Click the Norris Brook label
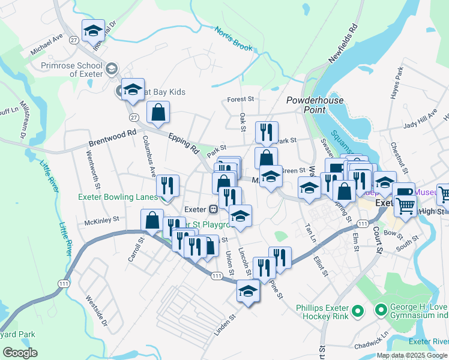[x=234, y=38]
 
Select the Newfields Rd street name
[x=343, y=44]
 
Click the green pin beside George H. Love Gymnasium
[x=380, y=310]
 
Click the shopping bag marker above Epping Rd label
[x=158, y=112]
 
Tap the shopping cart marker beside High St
[x=406, y=205]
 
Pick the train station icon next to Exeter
[x=212, y=209]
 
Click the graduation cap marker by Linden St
[x=247, y=291]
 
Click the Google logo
[x=20, y=353]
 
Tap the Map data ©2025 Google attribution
[x=411, y=355]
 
